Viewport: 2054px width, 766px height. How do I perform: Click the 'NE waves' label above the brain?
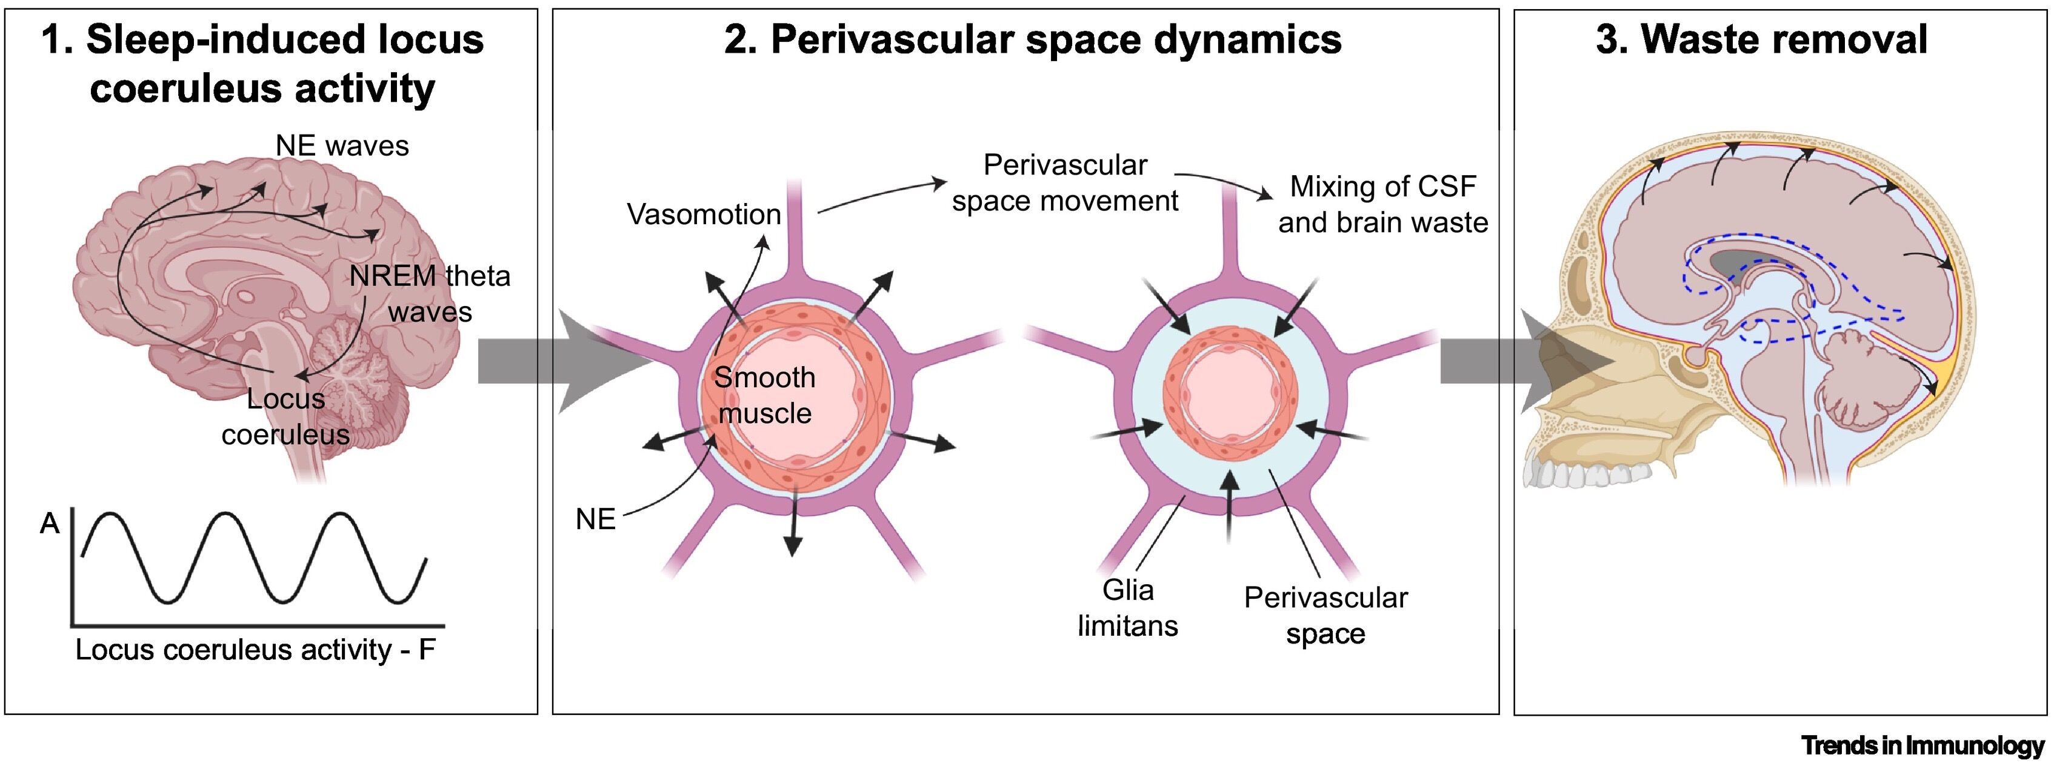342,146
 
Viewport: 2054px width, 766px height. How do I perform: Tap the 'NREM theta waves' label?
430,293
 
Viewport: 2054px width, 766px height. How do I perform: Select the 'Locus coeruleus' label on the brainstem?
285,416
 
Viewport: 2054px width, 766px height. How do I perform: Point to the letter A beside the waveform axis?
50,524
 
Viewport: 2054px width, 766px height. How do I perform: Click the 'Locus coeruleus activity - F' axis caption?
255,650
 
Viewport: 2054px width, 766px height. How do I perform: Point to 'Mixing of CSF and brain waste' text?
1382,204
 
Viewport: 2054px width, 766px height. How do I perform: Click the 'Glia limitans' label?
1127,607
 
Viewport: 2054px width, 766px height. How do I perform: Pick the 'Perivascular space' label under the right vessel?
1325,615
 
